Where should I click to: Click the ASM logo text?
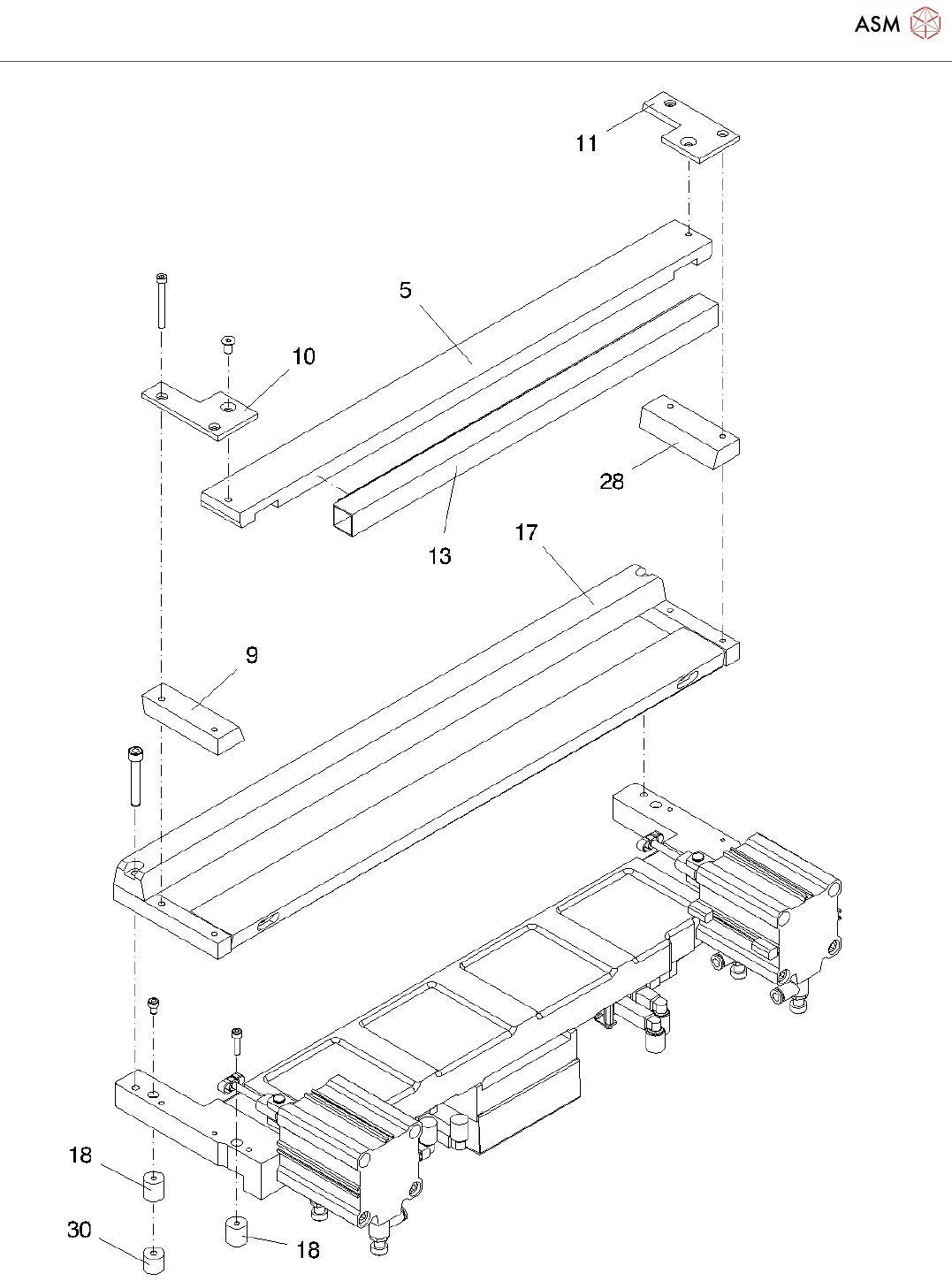tap(877, 24)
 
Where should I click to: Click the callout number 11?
tap(587, 143)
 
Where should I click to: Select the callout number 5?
tap(406, 290)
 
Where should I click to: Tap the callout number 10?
tap(303, 356)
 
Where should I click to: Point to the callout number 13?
tap(439, 556)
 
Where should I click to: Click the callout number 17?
tap(526, 532)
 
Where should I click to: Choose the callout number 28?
tap(612, 481)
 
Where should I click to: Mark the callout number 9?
tap(252, 655)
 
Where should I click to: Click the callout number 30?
tap(80, 1230)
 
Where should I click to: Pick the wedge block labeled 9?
tap(193, 716)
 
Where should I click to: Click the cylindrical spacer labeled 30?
tap(154, 1259)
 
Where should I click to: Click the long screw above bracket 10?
tap(162, 301)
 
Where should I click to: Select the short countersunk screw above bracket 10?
tap(228, 344)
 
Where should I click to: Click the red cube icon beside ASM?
tap(925, 24)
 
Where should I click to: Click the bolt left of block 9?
tap(135, 775)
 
